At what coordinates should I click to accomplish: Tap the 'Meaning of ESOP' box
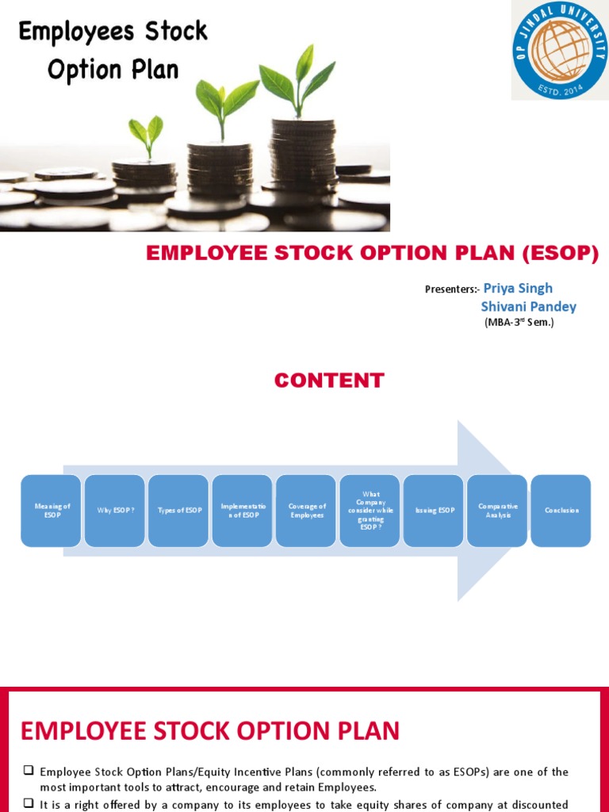pyautogui.click(x=51, y=511)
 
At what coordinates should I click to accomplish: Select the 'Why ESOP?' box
pyautogui.click(x=115, y=511)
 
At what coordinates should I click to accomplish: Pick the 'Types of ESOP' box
pyautogui.click(x=178, y=511)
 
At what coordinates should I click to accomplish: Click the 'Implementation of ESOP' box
pyautogui.click(x=243, y=511)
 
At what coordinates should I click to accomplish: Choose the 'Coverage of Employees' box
pyautogui.click(x=306, y=511)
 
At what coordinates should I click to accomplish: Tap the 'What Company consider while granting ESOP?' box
pyautogui.click(x=370, y=511)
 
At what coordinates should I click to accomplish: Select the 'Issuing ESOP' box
pyautogui.click(x=434, y=511)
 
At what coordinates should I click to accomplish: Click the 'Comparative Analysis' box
pyautogui.click(x=497, y=511)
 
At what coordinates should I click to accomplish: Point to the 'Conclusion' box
pyautogui.click(x=561, y=511)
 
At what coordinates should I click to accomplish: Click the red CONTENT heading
pyautogui.click(x=329, y=381)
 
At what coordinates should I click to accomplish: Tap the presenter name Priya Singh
pyautogui.click(x=518, y=288)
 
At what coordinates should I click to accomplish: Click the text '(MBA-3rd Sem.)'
pyautogui.click(x=519, y=323)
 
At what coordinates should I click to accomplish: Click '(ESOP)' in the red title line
pyautogui.click(x=560, y=254)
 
